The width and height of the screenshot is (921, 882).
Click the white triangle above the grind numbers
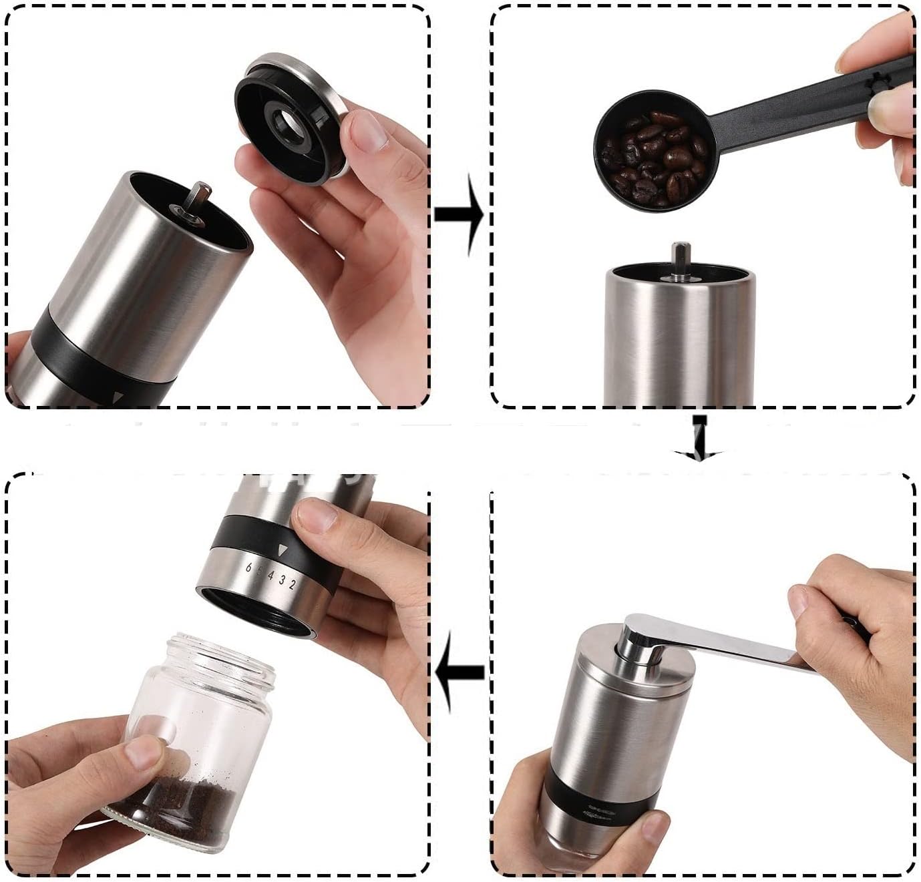point(283,551)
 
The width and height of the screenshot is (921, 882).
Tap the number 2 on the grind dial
point(291,584)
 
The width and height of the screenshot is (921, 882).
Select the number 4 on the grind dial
point(270,578)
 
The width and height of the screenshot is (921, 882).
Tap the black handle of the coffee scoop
point(801,100)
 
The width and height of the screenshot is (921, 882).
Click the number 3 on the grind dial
point(281,581)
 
